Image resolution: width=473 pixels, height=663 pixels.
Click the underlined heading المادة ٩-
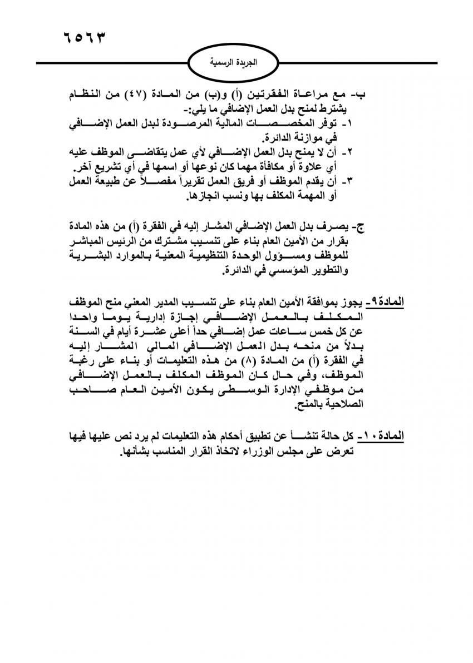tap(383, 303)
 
